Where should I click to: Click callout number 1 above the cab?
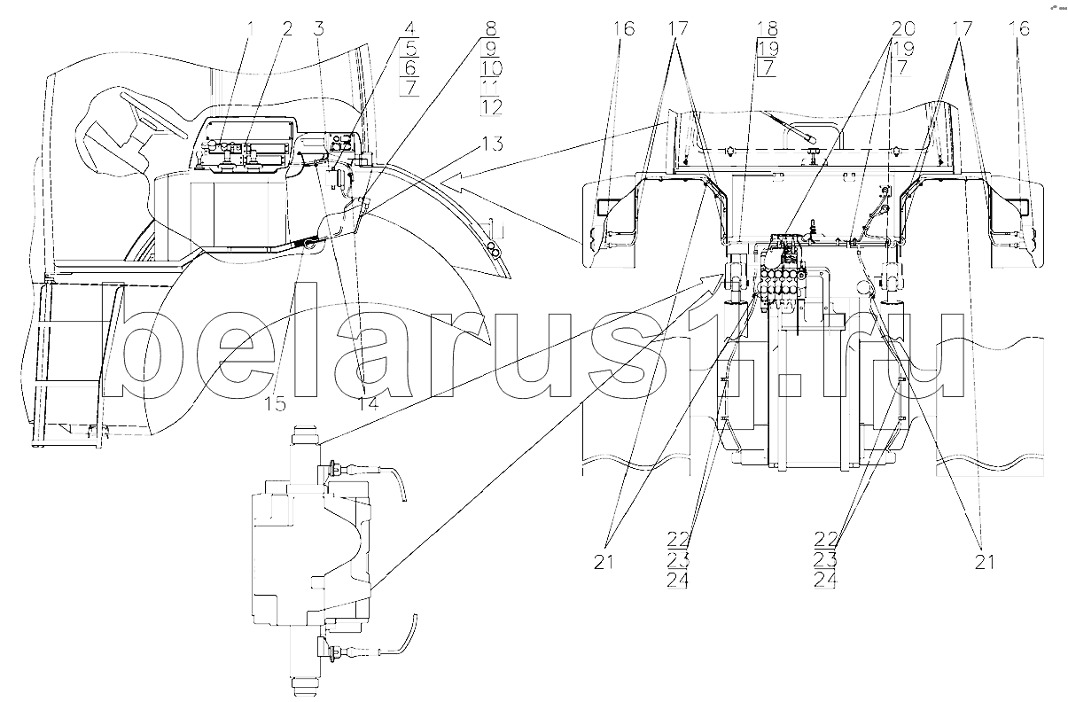click(250, 28)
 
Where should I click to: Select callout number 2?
click(286, 28)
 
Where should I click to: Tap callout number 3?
click(318, 28)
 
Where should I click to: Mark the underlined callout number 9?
click(491, 49)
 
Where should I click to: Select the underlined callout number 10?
click(491, 68)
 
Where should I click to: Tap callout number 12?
click(491, 106)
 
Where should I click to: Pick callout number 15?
click(276, 404)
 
